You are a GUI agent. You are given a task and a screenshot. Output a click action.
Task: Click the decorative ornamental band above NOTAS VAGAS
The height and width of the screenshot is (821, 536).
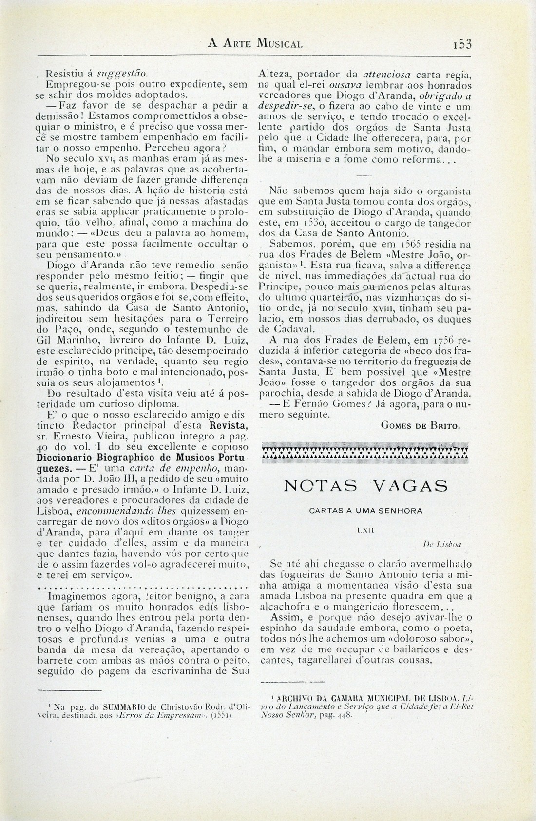[365, 452]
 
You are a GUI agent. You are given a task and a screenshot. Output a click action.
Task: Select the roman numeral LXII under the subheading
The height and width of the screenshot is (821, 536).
[365, 528]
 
